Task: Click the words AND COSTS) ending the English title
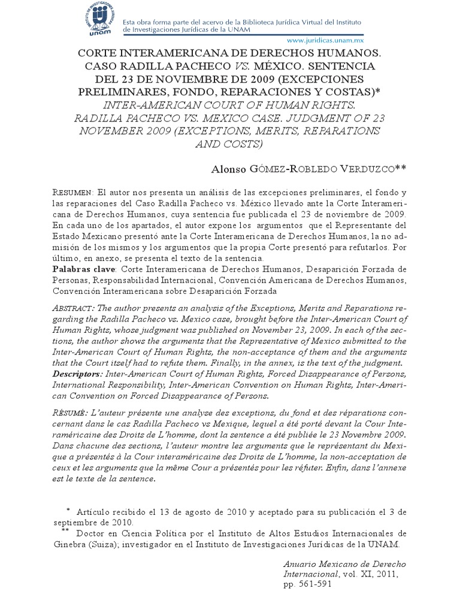pyautogui.click(x=230, y=144)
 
